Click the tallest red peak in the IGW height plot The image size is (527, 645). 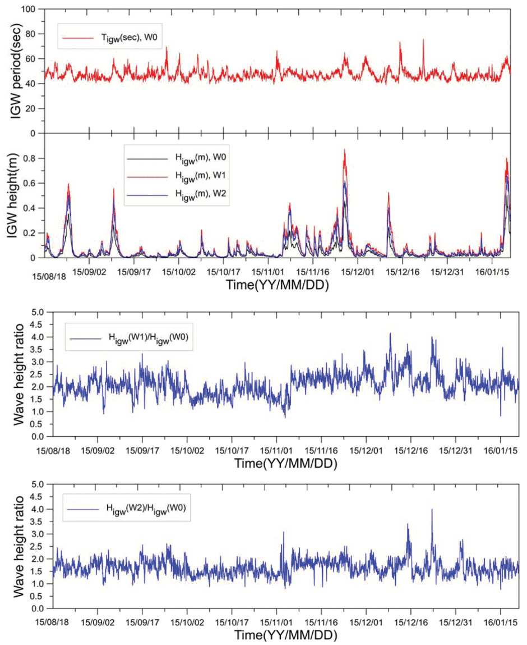tap(344, 150)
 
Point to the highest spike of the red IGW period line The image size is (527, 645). tap(423, 39)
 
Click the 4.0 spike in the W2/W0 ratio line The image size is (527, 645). tap(432, 510)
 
